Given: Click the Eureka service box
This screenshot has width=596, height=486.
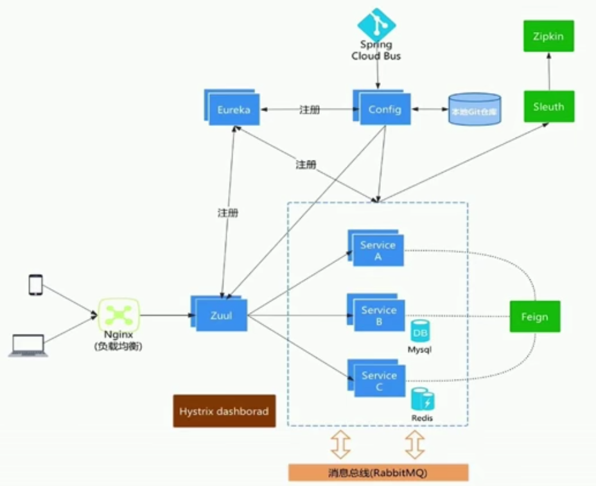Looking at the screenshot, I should click(232, 109).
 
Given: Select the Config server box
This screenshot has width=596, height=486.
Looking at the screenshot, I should click(385, 109).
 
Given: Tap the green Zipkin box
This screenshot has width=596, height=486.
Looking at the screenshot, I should click(548, 36).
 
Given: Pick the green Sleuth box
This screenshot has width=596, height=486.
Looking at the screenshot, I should click(548, 107).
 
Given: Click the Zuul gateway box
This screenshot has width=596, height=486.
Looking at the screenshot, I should click(221, 315).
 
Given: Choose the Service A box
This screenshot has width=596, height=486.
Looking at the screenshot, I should click(378, 250).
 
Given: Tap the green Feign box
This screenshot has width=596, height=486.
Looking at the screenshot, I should click(534, 317).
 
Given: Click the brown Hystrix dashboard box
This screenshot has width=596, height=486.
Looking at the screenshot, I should click(224, 411).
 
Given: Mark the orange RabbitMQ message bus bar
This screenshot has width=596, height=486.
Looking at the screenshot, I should click(378, 473).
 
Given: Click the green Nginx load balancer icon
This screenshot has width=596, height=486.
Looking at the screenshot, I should click(119, 315).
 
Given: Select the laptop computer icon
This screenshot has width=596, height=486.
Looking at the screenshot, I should click(27, 346).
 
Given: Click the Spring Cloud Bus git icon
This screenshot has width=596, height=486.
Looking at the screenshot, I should click(376, 24).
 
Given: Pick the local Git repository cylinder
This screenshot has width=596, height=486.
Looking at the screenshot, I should click(475, 110).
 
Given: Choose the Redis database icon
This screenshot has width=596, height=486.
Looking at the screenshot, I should click(423, 400).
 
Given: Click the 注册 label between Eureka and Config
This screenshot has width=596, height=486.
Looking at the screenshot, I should click(309, 110).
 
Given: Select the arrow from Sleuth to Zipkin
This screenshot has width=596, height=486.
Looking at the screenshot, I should click(548, 71).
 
